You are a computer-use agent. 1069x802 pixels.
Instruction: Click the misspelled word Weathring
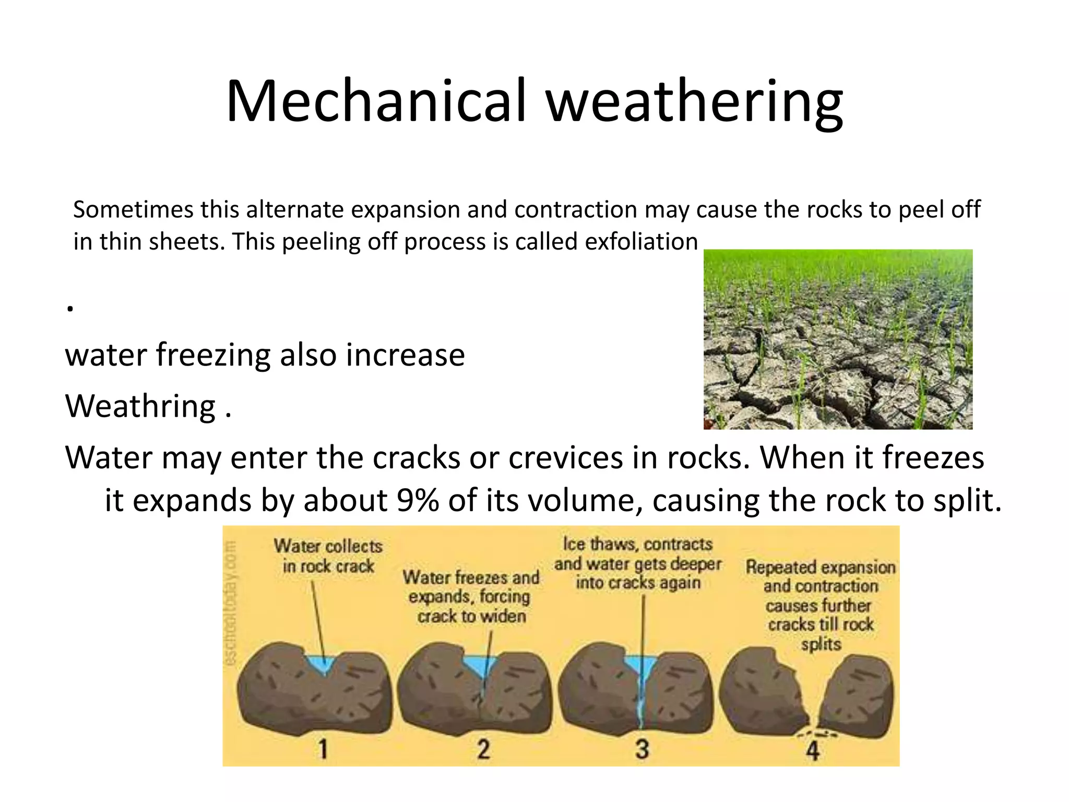[x=140, y=406]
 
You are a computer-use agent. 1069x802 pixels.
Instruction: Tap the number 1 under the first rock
[x=323, y=749]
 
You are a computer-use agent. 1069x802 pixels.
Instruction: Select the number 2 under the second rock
[x=483, y=749]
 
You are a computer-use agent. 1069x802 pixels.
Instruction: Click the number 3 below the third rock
[x=642, y=749]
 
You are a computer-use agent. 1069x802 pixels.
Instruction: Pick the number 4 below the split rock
[x=812, y=751]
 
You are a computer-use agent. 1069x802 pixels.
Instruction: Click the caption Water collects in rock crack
[x=328, y=556]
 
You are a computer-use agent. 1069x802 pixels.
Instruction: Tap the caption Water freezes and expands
[x=471, y=597]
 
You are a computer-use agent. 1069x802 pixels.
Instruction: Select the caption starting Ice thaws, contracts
[x=638, y=563]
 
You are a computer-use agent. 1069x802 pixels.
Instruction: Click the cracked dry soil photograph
[x=837, y=339]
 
